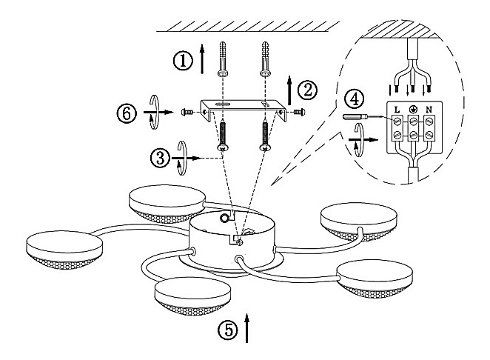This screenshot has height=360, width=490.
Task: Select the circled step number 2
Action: coord(307,90)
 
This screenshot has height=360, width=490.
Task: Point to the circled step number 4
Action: coord(357,97)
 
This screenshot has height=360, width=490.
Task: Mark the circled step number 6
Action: coord(127,113)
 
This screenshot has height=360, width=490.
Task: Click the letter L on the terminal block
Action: coord(397,110)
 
